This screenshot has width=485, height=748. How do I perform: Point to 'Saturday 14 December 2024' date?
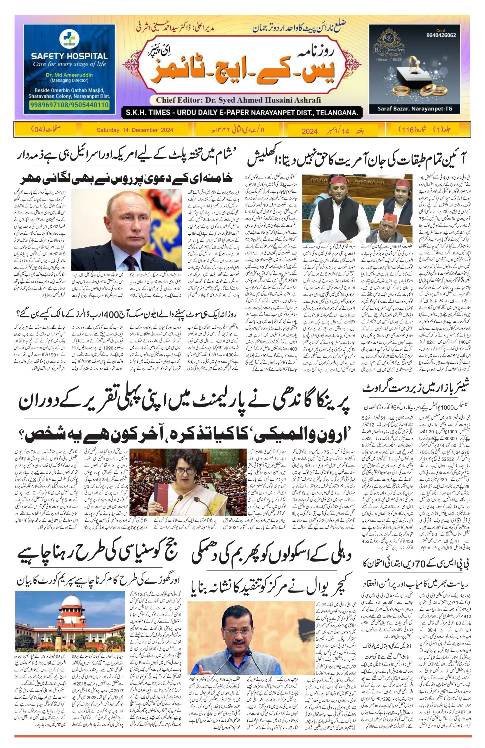(135, 130)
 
